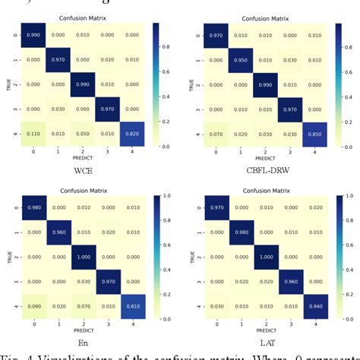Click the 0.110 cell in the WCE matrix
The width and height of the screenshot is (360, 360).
(x=30, y=134)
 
